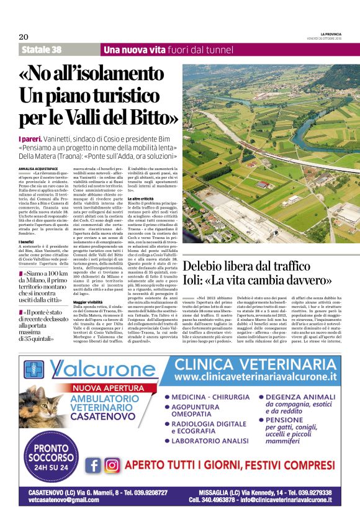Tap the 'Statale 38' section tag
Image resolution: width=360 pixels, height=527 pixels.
[x=42, y=50]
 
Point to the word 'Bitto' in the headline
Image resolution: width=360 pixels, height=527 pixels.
[x=156, y=116]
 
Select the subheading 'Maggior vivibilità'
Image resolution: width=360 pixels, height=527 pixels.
[x=88, y=301]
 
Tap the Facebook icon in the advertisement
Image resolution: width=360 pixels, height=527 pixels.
[x=94, y=466]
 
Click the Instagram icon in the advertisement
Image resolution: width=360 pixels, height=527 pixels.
[x=112, y=466]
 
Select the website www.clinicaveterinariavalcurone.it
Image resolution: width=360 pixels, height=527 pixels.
[x=255, y=377]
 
